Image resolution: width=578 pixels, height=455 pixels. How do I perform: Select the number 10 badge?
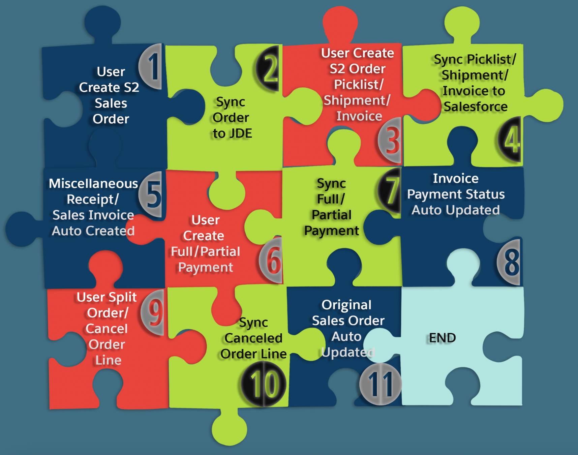coord(264,384)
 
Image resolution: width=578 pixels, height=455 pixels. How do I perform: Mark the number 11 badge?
coord(381,384)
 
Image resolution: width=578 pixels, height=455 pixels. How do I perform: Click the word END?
coord(442,338)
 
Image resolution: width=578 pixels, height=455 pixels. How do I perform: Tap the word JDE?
coord(241,133)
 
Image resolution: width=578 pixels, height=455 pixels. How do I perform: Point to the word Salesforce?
coord(475,107)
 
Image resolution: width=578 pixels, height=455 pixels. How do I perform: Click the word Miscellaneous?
coord(93,184)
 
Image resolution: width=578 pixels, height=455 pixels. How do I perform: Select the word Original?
coord(346,305)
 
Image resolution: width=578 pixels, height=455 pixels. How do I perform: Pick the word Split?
coord(122,297)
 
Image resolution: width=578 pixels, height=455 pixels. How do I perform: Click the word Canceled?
coord(253,338)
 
